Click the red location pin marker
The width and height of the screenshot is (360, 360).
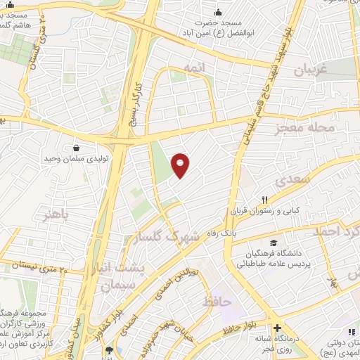[x=181, y=165]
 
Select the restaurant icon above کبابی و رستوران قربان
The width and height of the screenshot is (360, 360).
[x=266, y=200]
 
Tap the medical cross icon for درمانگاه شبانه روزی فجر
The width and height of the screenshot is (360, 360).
[x=278, y=328]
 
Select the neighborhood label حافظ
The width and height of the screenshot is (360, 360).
[x=216, y=302]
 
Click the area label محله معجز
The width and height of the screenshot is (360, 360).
[x=316, y=127]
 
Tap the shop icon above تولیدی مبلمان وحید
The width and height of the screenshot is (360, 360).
[x=76, y=148]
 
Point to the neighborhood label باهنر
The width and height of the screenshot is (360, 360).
[x=58, y=215]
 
